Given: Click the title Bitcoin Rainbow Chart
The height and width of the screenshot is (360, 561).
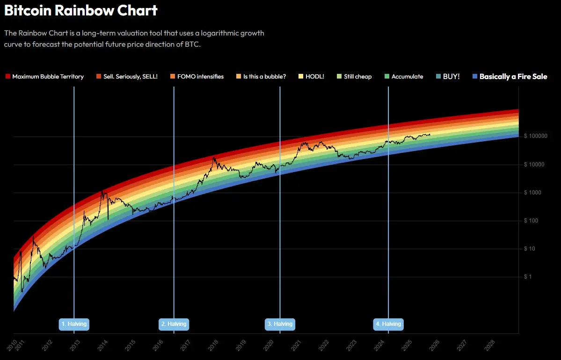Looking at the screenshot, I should (x=81, y=10).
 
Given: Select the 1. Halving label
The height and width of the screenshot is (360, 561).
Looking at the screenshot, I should (x=74, y=324).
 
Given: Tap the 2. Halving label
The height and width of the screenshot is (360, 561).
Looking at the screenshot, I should (x=174, y=324).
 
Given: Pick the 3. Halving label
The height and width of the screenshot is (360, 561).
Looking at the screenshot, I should (x=280, y=324).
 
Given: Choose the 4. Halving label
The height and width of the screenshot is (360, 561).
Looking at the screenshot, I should (x=388, y=324).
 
